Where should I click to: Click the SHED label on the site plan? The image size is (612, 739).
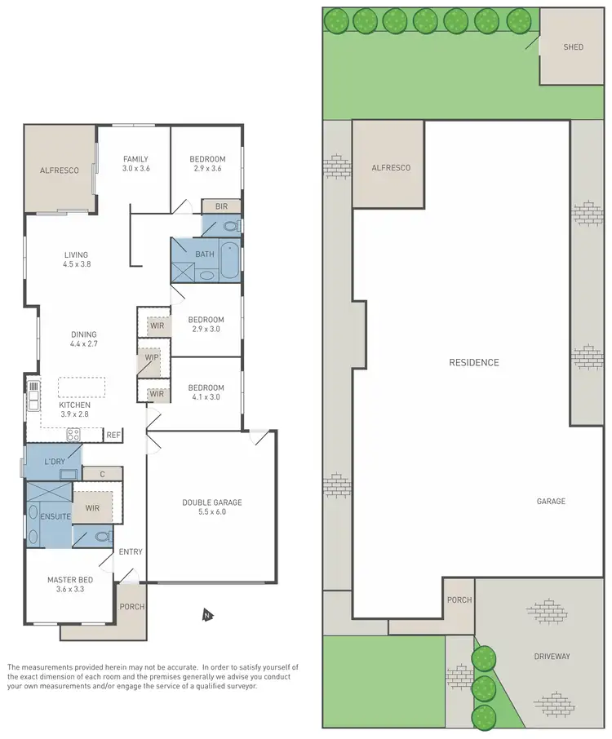pos(574,47)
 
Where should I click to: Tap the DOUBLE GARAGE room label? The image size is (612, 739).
pos(211,502)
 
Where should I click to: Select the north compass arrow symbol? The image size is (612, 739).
pos(206,614)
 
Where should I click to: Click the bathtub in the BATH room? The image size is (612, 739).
pos(229,261)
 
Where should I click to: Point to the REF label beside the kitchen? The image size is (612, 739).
pos(113,436)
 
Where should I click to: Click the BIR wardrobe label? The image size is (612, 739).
pos(221,207)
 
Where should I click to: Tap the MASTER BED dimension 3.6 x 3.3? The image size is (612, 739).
pos(69,589)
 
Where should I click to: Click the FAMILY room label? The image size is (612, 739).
pos(135,159)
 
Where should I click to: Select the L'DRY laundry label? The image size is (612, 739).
pos(55,462)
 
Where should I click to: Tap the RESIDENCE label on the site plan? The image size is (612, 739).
pos(473,362)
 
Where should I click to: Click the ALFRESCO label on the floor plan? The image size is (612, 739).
pos(60,170)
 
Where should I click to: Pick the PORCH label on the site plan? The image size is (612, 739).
pos(459,600)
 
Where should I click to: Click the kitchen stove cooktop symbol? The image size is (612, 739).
pos(72,434)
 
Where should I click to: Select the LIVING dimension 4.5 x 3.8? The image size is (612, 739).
pos(76,264)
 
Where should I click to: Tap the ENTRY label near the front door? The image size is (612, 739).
pos(131,552)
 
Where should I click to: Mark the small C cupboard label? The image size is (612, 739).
pos(104,474)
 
